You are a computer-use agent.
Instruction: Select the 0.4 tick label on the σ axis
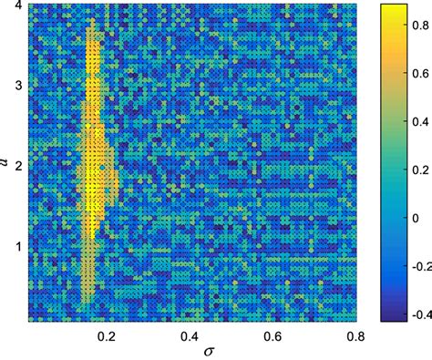(192, 335)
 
